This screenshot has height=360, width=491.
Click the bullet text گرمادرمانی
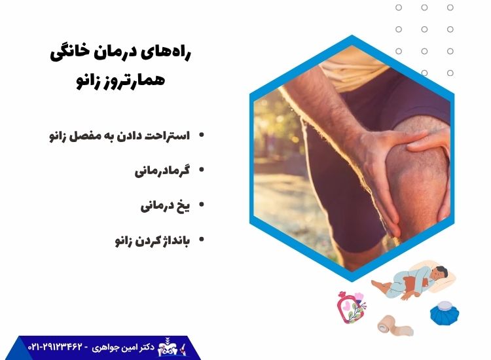(x=162, y=171)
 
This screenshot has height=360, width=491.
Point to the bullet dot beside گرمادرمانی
(x=202, y=170)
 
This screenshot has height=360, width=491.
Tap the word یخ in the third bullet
(x=184, y=206)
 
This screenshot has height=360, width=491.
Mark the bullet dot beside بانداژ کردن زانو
(x=202, y=240)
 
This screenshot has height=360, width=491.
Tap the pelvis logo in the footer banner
(x=167, y=346)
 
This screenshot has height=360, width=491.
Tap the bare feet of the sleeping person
(x=379, y=285)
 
